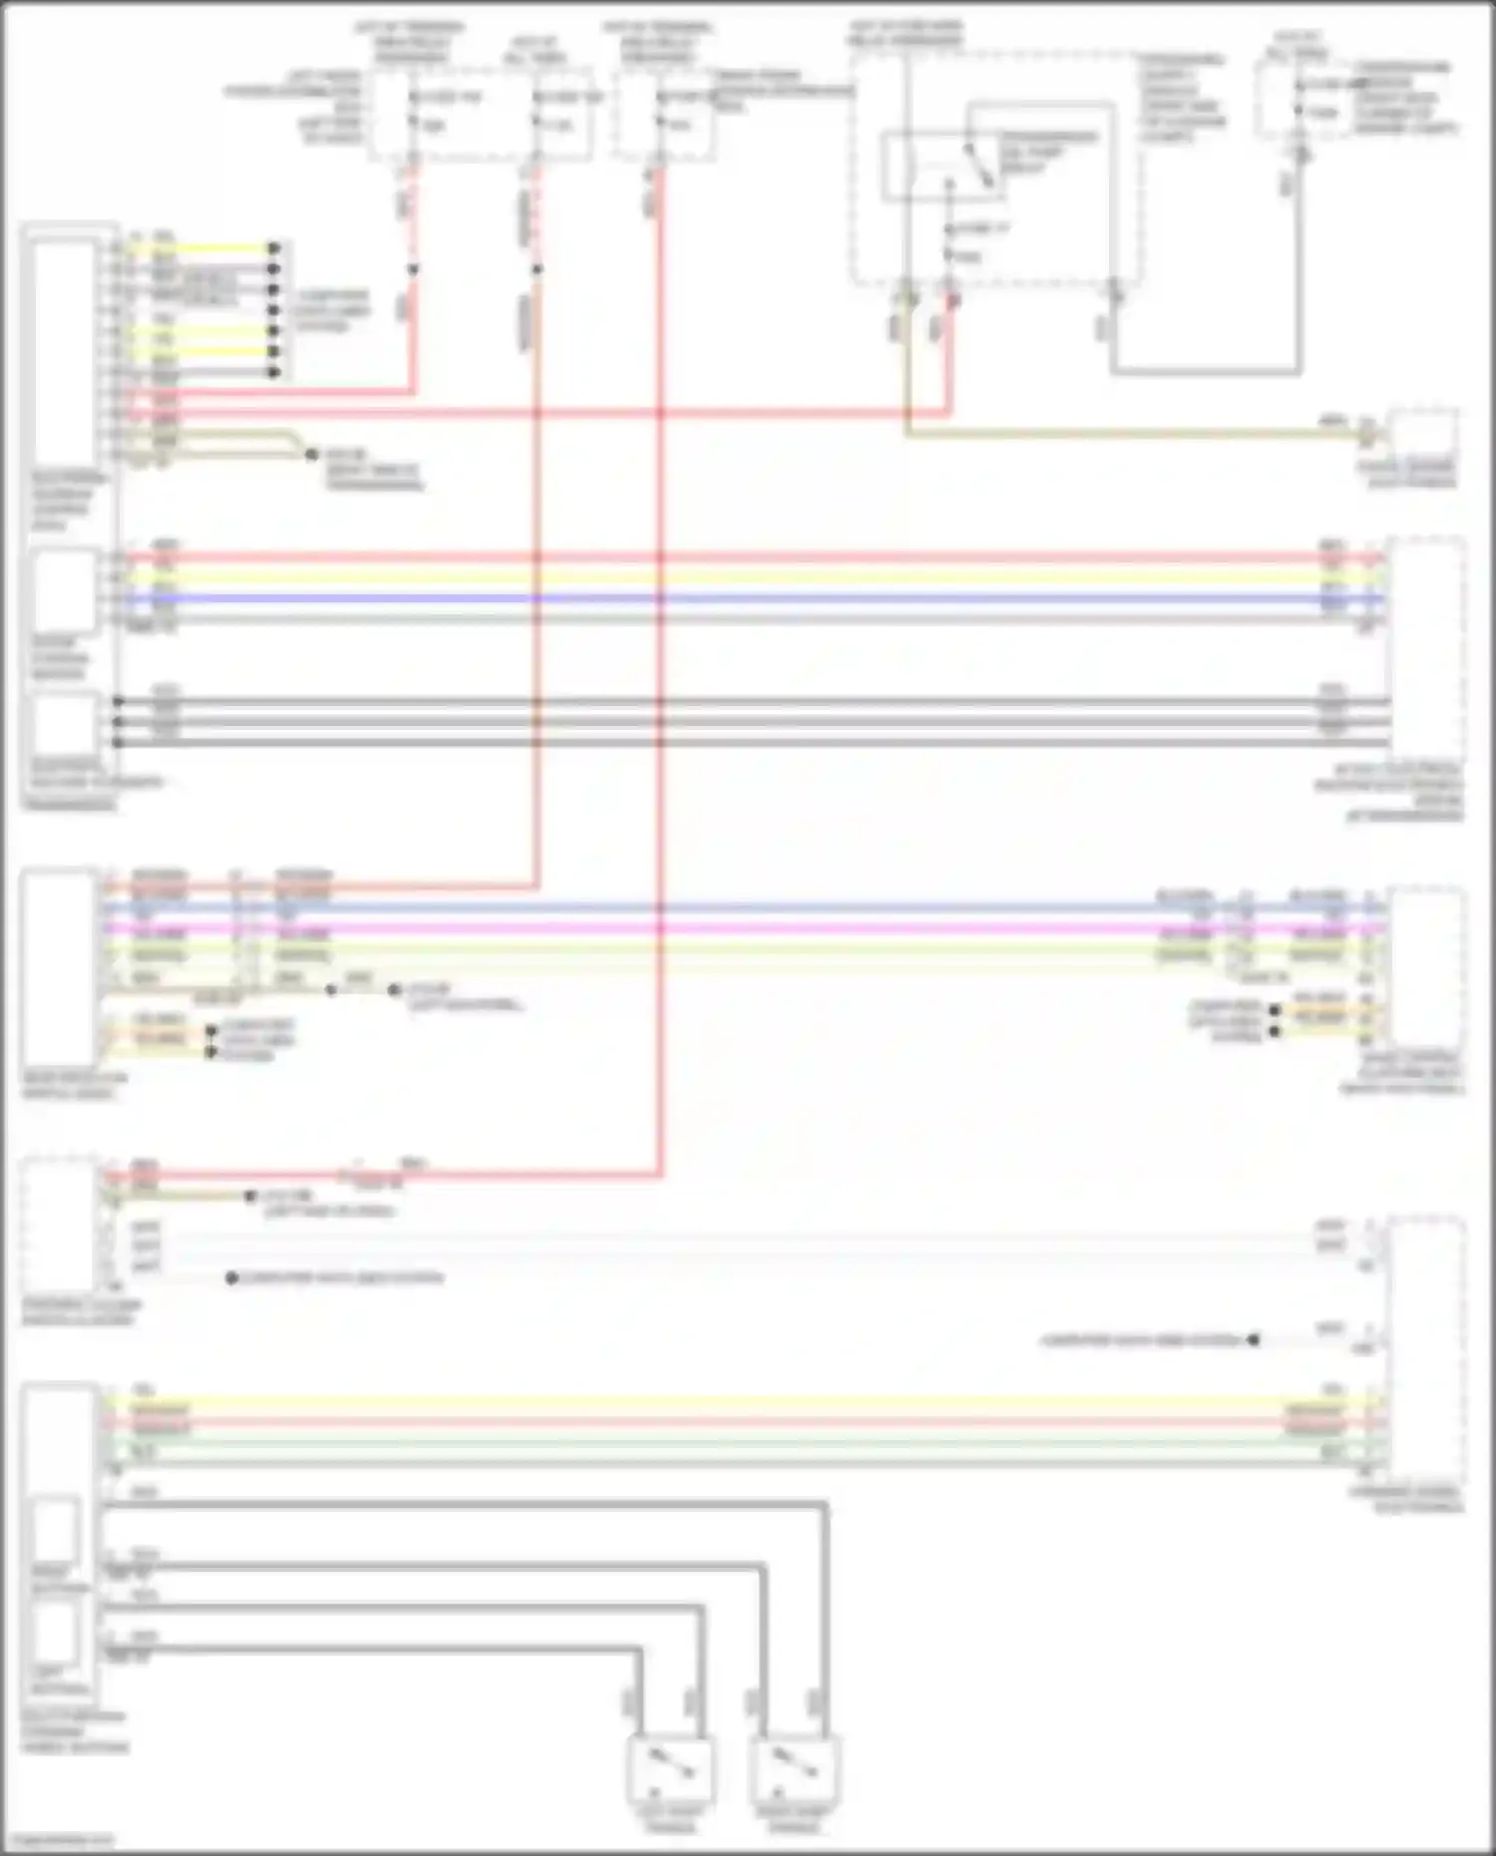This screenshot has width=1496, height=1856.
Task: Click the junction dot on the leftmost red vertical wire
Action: pyautogui.click(x=413, y=269)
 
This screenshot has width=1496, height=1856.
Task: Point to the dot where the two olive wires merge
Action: pyautogui.click(x=312, y=455)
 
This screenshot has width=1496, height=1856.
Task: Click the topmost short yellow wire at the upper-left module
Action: pyautogui.click(x=199, y=247)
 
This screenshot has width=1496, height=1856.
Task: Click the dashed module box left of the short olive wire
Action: pyautogui.click(x=60, y=1225)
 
